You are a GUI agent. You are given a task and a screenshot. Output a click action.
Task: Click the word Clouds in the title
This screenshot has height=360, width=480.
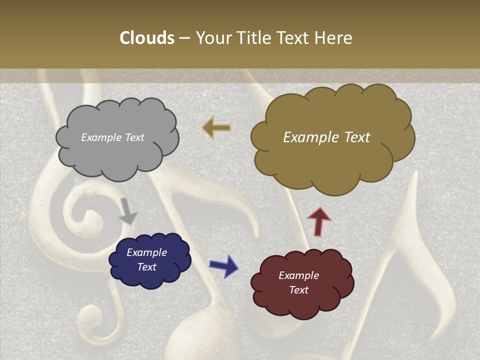click(147, 38)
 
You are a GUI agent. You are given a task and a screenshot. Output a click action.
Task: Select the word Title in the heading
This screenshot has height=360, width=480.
click(253, 38)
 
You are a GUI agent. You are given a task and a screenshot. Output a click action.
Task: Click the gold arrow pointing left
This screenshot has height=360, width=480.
click(216, 127)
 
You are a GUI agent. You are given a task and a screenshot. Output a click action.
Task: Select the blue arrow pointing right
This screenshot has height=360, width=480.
click(224, 265)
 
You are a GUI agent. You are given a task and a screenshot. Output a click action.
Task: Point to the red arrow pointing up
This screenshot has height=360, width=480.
click(319, 220)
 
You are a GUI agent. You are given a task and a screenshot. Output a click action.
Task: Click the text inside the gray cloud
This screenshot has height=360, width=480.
click(113, 137)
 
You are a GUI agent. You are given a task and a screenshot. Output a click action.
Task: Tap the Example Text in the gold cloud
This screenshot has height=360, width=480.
click(326, 137)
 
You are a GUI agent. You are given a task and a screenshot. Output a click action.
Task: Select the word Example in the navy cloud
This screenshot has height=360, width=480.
click(147, 252)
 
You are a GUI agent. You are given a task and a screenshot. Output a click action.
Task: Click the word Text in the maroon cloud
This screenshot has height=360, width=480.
click(298, 290)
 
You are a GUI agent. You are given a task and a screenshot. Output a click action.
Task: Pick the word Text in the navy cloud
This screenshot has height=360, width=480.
click(147, 267)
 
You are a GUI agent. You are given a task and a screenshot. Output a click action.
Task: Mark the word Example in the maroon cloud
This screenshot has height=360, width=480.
click(298, 275)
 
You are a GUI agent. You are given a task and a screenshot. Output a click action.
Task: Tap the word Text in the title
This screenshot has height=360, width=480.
click(295, 38)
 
